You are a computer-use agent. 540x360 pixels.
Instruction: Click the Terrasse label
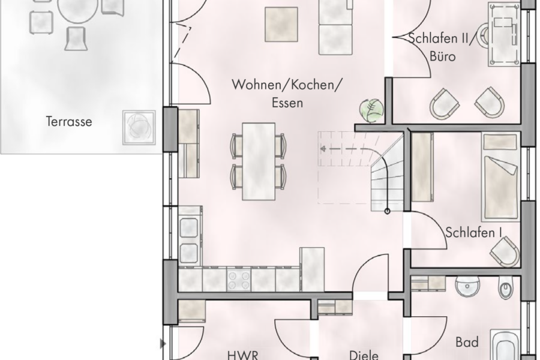click(x=69, y=122)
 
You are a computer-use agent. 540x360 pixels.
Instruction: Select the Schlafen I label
click(x=473, y=232)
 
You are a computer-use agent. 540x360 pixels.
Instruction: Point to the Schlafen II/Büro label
click(x=441, y=47)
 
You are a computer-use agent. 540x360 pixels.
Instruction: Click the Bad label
click(x=467, y=343)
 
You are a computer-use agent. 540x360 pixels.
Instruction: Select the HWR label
click(x=242, y=355)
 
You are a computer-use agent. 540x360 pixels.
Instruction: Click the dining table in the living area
click(x=259, y=161)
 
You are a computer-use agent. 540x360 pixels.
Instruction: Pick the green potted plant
click(x=371, y=110)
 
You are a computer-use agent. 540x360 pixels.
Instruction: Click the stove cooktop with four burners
click(x=238, y=279)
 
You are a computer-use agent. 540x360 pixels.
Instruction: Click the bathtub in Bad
click(x=506, y=345)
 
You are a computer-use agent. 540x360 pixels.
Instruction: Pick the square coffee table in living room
click(x=281, y=24)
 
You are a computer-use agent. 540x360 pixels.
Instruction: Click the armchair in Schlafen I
click(x=505, y=251)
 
